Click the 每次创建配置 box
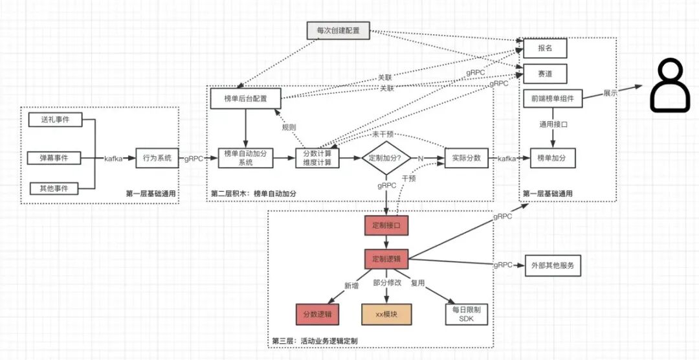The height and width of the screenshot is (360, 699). (338, 30)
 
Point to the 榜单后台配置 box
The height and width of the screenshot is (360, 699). (246, 98)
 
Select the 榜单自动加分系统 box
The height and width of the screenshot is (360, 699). (246, 159)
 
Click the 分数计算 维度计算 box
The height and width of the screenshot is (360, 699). (317, 159)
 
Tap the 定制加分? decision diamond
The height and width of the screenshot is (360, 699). (386, 159)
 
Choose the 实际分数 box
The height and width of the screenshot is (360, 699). (466, 159)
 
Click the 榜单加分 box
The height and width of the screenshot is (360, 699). (553, 159)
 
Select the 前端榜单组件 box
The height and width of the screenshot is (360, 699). (553, 98)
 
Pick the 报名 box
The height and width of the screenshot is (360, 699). (545, 48)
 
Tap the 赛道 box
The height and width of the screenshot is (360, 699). (545, 74)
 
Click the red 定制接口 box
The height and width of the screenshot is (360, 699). (386, 226)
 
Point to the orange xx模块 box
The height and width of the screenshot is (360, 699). (386, 313)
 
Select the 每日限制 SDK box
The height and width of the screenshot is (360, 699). (467, 313)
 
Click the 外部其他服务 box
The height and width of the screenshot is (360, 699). (553, 266)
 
